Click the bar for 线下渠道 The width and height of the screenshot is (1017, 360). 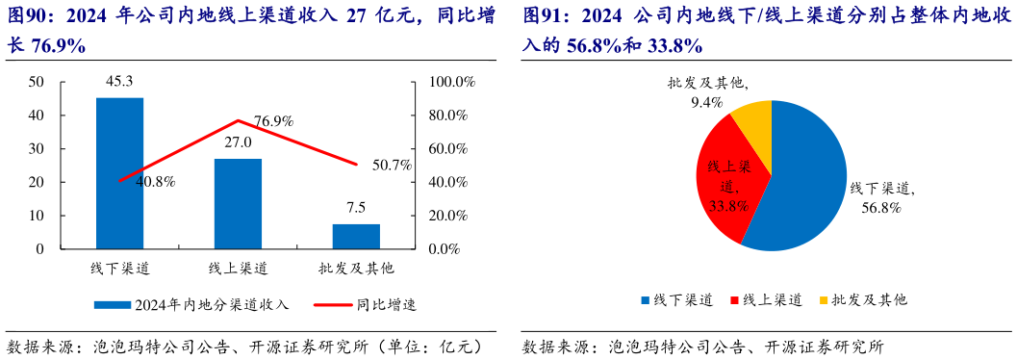tap(119, 173)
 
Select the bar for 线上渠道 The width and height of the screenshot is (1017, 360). tap(238, 203)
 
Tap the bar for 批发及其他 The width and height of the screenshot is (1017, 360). tap(356, 236)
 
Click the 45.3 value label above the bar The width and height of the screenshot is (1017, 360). tap(119, 82)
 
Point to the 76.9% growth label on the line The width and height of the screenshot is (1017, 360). tap(273, 122)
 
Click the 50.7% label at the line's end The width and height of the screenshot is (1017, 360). tap(392, 165)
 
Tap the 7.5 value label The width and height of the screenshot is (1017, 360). tap(356, 208)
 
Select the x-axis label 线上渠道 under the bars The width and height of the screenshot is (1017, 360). tap(238, 267)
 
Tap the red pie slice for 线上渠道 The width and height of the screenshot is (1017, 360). tap(728, 188)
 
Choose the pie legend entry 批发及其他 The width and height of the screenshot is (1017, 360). tap(860, 300)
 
